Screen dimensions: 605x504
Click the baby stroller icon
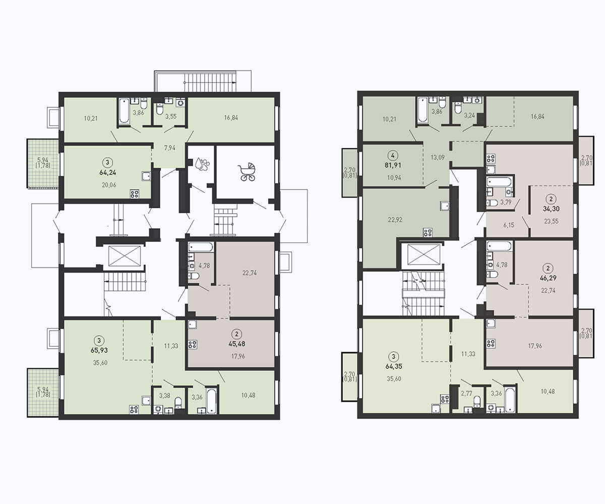pos(247,172)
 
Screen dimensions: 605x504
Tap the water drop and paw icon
pos(202,164)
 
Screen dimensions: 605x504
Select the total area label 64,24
pos(107,173)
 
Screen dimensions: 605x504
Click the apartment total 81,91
pos(392,165)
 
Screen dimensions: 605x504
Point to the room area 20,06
pos(109,185)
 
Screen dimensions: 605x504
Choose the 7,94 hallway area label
pos(170,148)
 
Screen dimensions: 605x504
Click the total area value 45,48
pos(237,344)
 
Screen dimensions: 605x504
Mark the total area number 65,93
pos(99,350)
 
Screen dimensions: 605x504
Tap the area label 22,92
pos(395,220)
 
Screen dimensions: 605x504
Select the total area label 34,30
pos(551,209)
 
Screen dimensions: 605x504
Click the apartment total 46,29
pos(548,278)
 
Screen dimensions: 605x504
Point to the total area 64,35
pos(393,366)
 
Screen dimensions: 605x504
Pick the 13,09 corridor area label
pos(438,158)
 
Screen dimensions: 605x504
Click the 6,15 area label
pos(509,225)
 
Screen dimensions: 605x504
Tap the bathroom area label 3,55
pos(171,116)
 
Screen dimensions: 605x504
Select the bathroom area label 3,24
pos(469,115)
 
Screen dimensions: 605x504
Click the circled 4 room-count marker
pos(393,156)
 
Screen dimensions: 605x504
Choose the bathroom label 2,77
pos(466,393)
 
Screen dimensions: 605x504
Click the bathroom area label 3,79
pos(506,202)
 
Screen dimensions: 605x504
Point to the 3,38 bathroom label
pos(164,395)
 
